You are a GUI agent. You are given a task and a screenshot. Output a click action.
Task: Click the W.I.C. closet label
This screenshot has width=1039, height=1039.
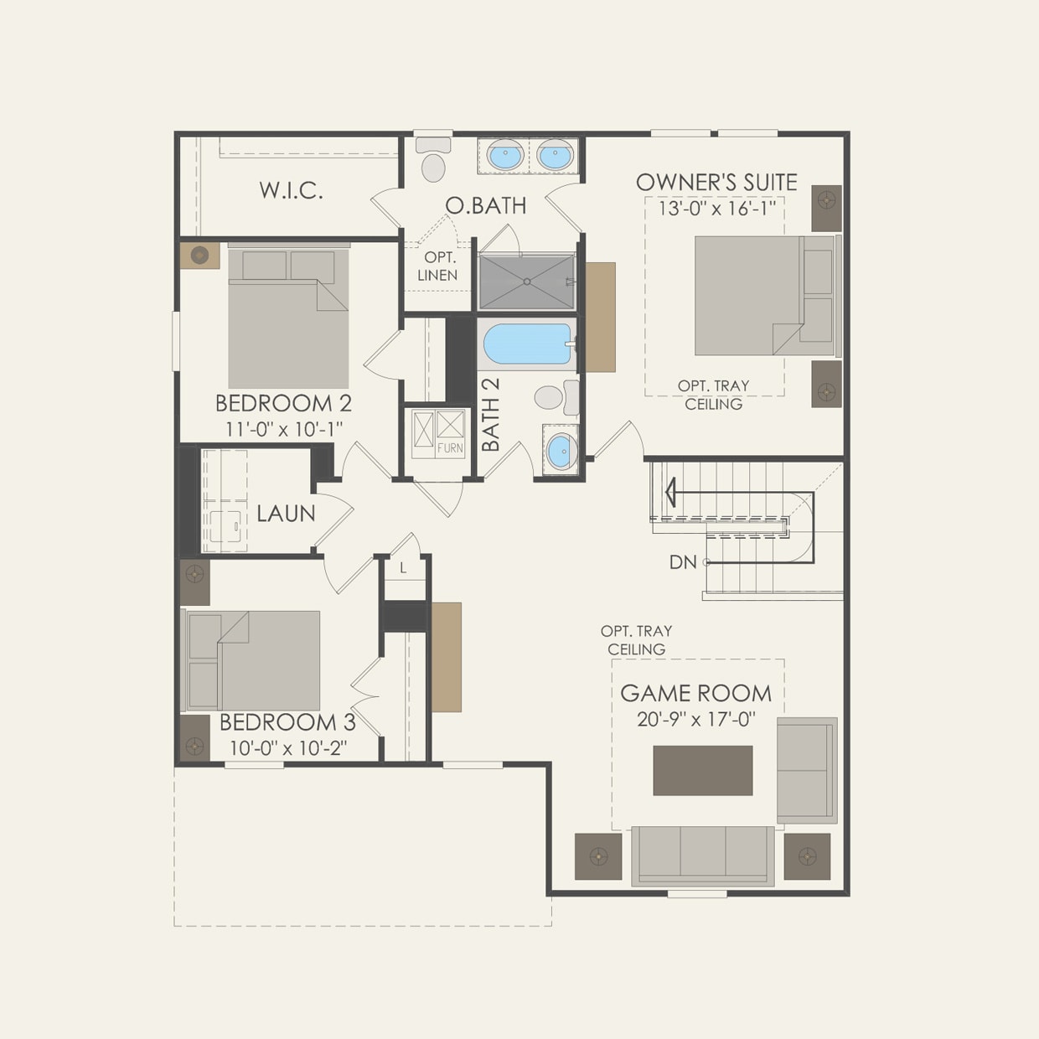point(291,190)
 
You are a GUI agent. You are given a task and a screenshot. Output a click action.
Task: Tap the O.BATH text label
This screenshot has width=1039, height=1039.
point(486,205)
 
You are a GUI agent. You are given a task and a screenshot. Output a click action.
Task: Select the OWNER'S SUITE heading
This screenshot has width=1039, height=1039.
point(716,182)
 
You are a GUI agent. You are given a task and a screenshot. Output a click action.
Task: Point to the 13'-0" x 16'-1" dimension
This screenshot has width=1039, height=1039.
point(716,208)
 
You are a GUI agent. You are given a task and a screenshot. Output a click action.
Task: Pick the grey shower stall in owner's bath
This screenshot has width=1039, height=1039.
point(527,282)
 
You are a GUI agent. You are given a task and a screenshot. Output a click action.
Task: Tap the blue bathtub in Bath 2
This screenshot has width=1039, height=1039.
point(528,344)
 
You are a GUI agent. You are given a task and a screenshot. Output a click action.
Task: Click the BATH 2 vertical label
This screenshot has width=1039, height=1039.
point(491,415)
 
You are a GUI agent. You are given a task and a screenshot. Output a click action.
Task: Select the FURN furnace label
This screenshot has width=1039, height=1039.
point(450,448)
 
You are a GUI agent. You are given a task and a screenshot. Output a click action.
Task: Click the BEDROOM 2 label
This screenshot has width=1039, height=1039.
point(283,403)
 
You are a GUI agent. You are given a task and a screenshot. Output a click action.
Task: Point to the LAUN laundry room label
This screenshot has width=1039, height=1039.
point(286,514)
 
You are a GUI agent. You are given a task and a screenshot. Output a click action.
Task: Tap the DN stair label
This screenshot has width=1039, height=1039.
point(683,562)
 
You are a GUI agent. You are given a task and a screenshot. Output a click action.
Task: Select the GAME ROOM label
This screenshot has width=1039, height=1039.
point(695,693)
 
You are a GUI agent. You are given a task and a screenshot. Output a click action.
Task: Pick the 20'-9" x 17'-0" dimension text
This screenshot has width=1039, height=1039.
point(695,719)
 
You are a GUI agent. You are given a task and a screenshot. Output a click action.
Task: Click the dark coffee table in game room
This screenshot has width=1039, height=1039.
point(702,770)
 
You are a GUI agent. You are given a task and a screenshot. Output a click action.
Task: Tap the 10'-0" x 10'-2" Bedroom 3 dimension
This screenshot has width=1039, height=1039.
point(288,747)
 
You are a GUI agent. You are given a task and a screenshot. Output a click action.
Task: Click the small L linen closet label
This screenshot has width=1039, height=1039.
point(403,569)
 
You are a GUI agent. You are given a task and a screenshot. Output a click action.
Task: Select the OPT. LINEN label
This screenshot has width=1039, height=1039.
point(437,266)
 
